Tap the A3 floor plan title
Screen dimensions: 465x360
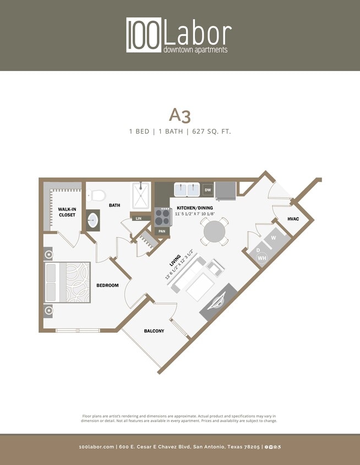(x=179, y=115)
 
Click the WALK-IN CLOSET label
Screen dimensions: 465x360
(x=67, y=212)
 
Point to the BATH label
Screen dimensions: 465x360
(x=114, y=206)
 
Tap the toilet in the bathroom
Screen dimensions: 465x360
(x=97, y=195)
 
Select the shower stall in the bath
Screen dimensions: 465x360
(x=141, y=196)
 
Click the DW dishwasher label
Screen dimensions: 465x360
(x=208, y=190)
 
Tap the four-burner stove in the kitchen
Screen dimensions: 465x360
(x=162, y=217)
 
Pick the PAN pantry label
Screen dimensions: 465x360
(x=162, y=231)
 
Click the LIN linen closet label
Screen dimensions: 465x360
(x=139, y=219)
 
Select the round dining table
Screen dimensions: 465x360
(x=215, y=233)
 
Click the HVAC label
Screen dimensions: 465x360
(x=293, y=219)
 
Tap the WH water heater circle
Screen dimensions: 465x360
(x=261, y=258)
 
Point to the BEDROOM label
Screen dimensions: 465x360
(x=108, y=285)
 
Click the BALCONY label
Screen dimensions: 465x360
(x=154, y=331)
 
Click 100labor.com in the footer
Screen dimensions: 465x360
(x=97, y=447)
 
